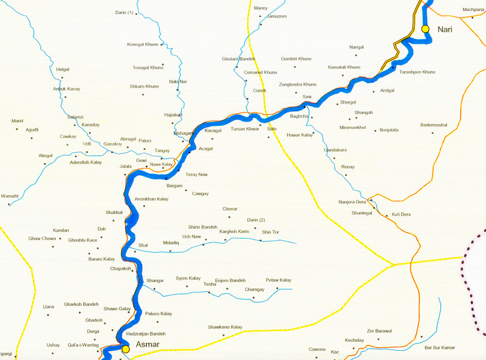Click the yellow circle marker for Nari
tap(425, 29)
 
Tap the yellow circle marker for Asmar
tap(125, 349)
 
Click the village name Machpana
tap(473, 10)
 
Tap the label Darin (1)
tap(124, 13)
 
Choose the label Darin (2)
tap(256, 220)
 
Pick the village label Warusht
tap(10, 196)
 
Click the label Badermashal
tap(434, 125)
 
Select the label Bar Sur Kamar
tap(439, 347)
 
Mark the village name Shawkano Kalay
tap(225, 327)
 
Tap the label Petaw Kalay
tap(278, 280)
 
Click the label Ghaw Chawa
tap(42, 238)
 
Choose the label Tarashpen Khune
tap(417, 72)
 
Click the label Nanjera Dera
tap(352, 201)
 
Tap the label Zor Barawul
tap(380, 331)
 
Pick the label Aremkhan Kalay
tap(151, 199)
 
